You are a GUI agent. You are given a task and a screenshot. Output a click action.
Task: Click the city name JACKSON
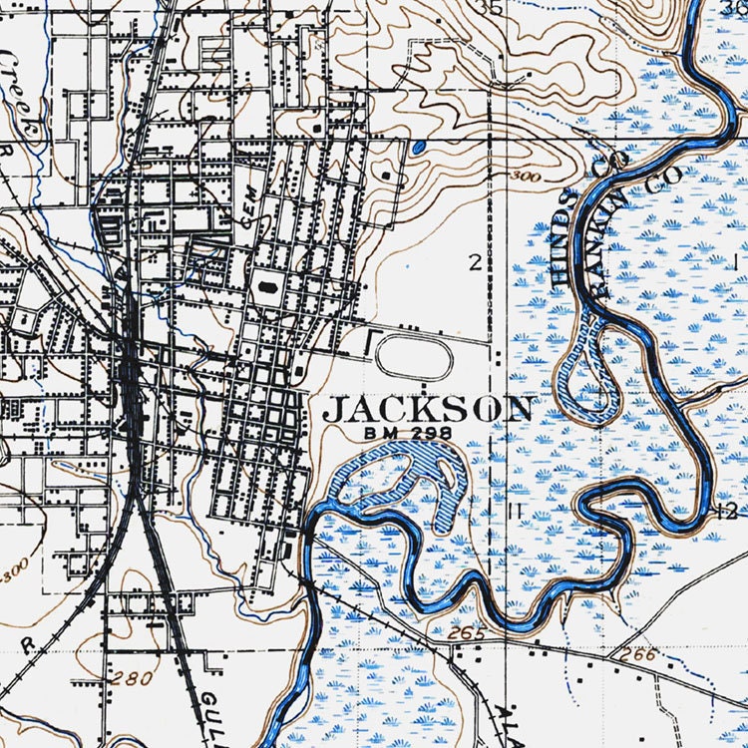point(429,409)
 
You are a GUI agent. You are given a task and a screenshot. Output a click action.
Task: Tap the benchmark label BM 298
point(409,434)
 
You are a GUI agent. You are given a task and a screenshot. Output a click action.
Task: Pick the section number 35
point(490,9)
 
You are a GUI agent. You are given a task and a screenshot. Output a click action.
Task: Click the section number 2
point(476,262)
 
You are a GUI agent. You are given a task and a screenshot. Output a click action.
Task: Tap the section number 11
point(516,511)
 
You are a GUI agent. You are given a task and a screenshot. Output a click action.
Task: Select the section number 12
point(725,512)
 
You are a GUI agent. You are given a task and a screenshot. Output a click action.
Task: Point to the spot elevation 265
point(465,633)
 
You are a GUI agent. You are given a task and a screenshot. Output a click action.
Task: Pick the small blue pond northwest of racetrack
point(417,148)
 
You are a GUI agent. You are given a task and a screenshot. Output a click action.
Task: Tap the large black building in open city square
point(266,285)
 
